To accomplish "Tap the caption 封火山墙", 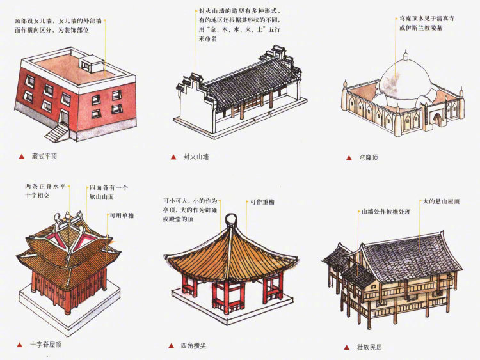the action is (x=196, y=156).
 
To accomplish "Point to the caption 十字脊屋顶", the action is (x=47, y=345).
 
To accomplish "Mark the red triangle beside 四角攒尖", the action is (x=172, y=345).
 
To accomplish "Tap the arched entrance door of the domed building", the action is (x=437, y=119).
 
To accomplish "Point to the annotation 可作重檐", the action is (x=262, y=203).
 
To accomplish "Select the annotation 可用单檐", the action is (x=121, y=216).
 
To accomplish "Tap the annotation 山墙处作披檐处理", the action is (x=387, y=211).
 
